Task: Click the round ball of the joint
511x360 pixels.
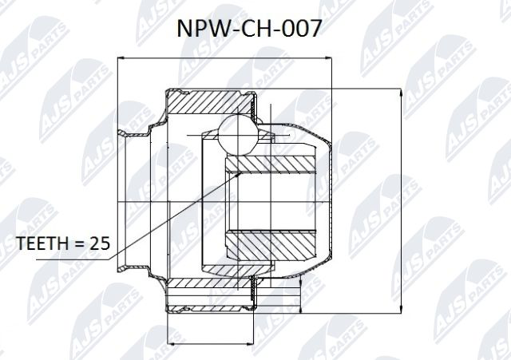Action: (237, 133)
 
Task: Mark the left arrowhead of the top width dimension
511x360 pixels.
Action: (121, 58)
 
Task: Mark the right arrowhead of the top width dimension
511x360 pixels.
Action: (331, 58)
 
